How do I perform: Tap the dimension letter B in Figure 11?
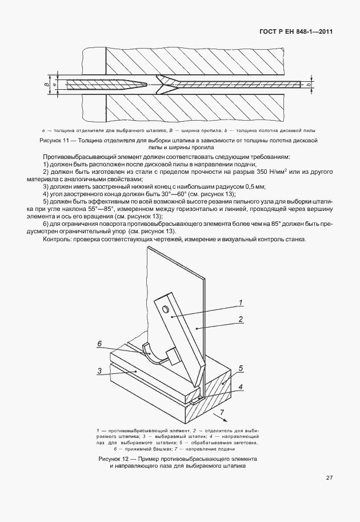pyautogui.click(x=46, y=85)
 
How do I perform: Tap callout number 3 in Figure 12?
pyautogui.click(x=99, y=370)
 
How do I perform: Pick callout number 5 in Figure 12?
pyautogui.click(x=241, y=368)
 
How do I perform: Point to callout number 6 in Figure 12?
pyautogui.click(x=99, y=344)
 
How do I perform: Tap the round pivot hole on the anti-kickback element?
pyautogui.click(x=166, y=309)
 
